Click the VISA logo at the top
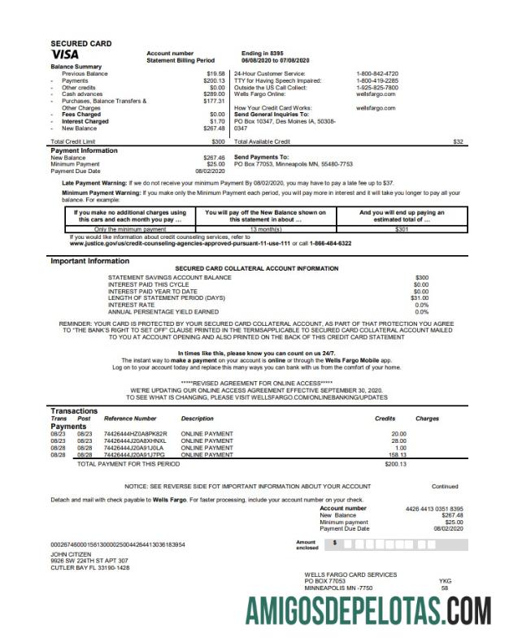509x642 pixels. pyautogui.click(x=65, y=55)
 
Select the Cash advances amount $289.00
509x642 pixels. pyautogui.click(x=213, y=94)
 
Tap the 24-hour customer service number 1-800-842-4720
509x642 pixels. pyautogui.click(x=377, y=74)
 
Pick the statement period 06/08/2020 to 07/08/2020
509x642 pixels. pyautogui.click(x=276, y=60)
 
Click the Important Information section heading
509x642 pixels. pyautogui.click(x=89, y=261)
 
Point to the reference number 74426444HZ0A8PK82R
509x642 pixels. pyautogui.click(x=135, y=433)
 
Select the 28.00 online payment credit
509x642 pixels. pyautogui.click(x=398, y=440)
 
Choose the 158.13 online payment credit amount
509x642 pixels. pyautogui.click(x=397, y=455)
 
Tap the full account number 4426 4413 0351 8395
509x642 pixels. pyautogui.click(x=433, y=509)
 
